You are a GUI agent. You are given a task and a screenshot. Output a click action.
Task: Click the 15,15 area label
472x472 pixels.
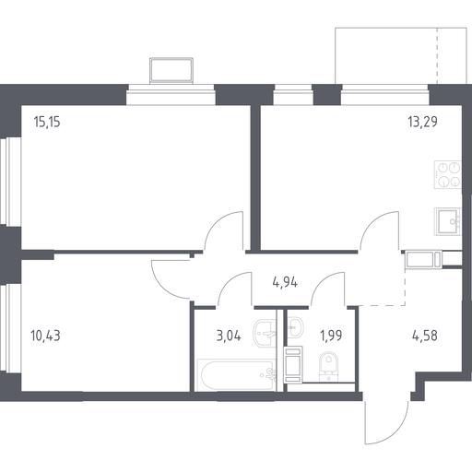[47, 122]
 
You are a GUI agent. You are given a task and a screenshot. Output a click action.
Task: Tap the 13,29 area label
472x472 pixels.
[422, 122]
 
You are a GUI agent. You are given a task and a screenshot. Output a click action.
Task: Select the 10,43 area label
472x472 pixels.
[45, 336]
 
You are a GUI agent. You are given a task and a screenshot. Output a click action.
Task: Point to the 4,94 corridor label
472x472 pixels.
[285, 282]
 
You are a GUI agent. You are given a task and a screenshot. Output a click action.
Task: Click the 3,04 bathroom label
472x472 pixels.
[229, 336]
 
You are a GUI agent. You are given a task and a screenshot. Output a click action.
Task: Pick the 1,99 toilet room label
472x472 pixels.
[331, 336]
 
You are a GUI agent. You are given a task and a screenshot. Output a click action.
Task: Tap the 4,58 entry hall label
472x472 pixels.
[424, 336]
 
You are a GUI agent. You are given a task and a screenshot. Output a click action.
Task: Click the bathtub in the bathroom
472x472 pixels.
[236, 375]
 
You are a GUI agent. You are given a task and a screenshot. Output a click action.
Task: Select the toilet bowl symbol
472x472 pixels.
[328, 367]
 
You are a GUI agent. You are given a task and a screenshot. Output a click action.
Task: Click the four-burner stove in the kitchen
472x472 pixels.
[448, 174]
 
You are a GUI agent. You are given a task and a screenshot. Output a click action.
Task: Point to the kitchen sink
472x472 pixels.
[448, 221]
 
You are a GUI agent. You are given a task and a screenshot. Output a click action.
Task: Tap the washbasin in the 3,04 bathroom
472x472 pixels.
[265, 333]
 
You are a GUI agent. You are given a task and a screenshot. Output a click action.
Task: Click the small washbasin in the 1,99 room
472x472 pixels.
[295, 327]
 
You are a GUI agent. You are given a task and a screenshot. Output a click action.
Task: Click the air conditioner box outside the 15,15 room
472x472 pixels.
[171, 71]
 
